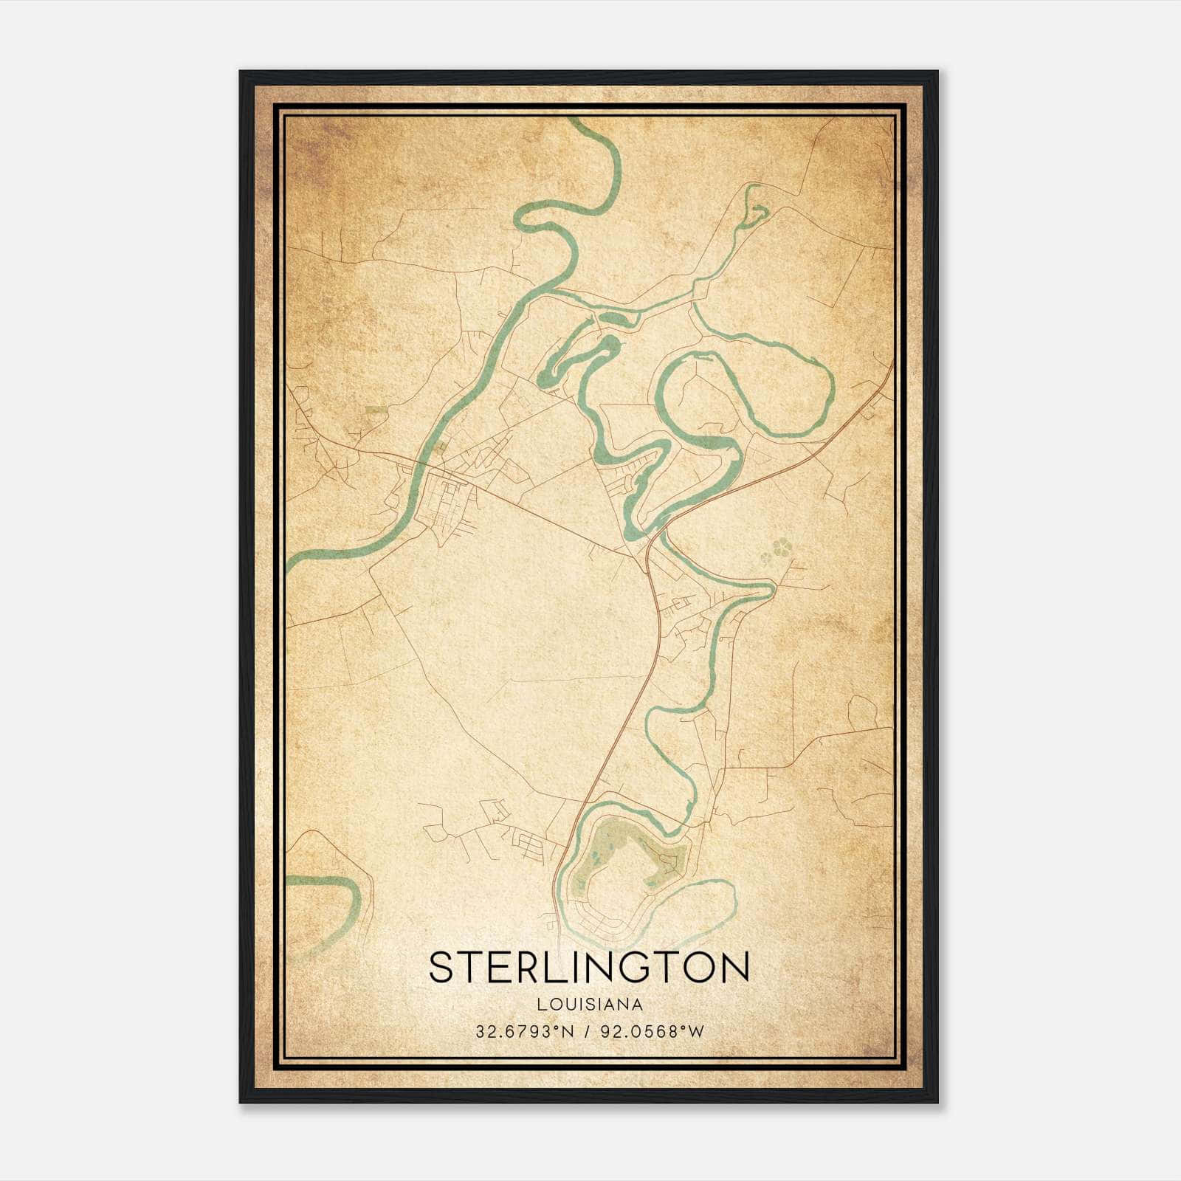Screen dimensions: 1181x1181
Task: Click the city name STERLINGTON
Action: pyautogui.click(x=589, y=967)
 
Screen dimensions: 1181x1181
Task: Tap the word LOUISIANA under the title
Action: pyautogui.click(x=589, y=1005)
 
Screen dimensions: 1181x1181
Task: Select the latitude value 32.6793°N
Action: pyautogui.click(x=524, y=1032)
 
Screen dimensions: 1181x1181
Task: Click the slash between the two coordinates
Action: pyautogui.click(x=586, y=1032)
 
